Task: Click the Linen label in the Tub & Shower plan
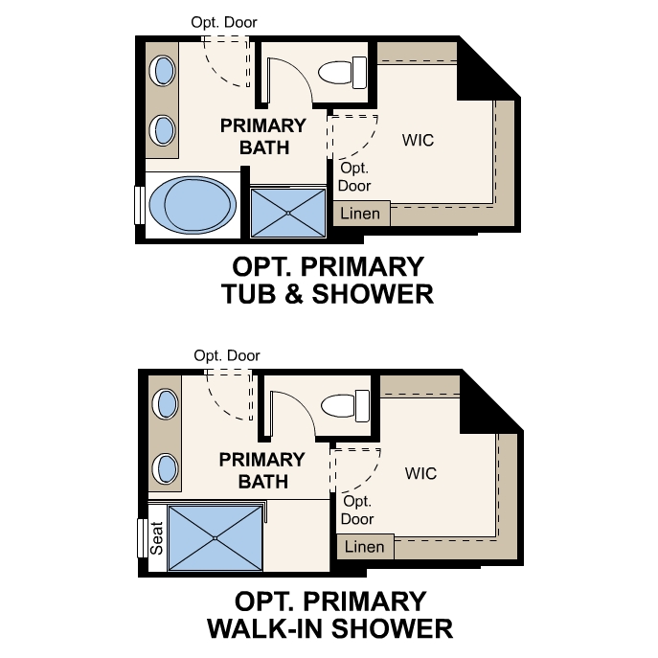[361, 214]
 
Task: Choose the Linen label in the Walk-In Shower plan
[364, 547]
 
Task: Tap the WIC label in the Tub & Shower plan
[418, 140]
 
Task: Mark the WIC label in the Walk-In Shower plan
[420, 473]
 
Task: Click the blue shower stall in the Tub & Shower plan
[287, 212]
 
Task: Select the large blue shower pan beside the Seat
[215, 537]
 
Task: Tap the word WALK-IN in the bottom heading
[268, 628]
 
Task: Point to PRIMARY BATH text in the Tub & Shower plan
[262, 136]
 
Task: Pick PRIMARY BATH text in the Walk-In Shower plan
[262, 470]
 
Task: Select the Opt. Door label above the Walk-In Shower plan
[227, 355]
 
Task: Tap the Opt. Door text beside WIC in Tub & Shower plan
[354, 177]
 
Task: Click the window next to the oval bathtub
[140, 204]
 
